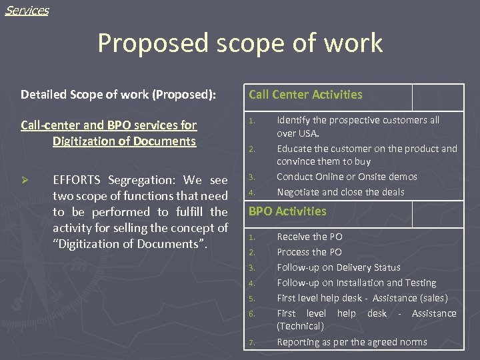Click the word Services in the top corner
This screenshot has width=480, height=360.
tap(27, 11)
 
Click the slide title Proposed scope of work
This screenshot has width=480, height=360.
tap(240, 43)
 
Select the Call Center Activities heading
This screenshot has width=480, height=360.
tap(305, 95)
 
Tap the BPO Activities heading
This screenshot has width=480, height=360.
tap(287, 211)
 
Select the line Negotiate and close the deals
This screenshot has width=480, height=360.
tap(341, 192)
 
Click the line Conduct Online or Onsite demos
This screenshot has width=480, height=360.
tap(347, 177)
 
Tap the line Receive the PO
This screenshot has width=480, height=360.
tap(309, 237)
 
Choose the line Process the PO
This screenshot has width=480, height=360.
tap(309, 252)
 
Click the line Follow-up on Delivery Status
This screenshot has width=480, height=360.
tap(339, 267)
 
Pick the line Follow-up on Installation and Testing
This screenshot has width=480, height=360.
tap(356, 283)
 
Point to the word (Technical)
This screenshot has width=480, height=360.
tap(300, 326)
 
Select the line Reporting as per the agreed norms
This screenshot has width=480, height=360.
tap(352, 342)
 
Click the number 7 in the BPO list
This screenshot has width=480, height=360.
tap(251, 343)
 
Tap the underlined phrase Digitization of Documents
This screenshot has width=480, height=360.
tap(124, 141)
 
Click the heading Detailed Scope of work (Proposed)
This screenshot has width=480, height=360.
tap(118, 95)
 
